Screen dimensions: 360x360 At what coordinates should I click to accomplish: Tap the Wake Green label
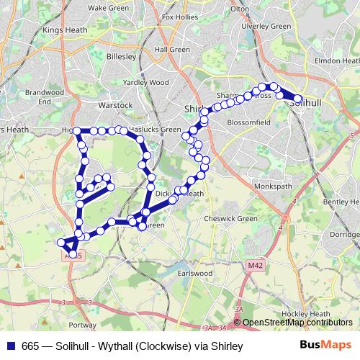click(107, 7)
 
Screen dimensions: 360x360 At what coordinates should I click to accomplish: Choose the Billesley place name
click(120, 55)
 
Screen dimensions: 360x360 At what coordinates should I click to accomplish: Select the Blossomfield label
click(248, 122)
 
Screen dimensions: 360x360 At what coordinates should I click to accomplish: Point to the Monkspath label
click(274, 186)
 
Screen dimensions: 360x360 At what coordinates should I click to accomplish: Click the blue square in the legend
click(10, 346)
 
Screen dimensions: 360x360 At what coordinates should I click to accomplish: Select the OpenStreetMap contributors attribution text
click(297, 322)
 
